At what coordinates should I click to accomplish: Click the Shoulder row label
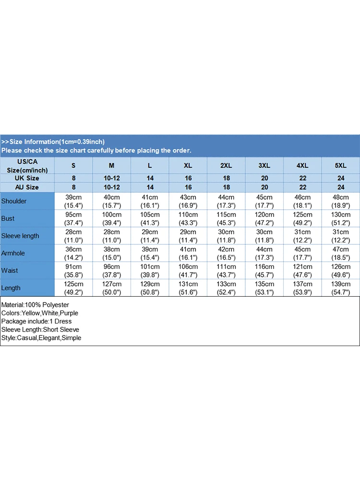[x=14, y=201]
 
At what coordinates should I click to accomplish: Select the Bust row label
[x=8, y=218]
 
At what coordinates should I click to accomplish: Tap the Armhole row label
[x=13, y=253]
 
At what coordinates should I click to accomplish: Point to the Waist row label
[x=10, y=270]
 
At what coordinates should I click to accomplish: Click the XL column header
[x=188, y=166]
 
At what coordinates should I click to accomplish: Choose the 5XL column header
[x=340, y=166]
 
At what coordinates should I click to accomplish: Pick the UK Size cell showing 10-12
[x=112, y=178]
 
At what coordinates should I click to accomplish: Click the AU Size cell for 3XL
[x=264, y=187]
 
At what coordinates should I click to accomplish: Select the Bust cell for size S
[x=73, y=218]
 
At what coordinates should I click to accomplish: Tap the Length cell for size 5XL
[x=340, y=288]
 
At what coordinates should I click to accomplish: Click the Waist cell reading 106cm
[x=188, y=270]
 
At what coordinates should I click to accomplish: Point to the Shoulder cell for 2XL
[x=226, y=201]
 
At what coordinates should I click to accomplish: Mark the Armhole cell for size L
[x=150, y=253]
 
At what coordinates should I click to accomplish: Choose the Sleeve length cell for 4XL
[x=302, y=236]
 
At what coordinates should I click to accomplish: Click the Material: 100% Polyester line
[x=35, y=305]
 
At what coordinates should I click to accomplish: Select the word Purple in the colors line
[x=67, y=313]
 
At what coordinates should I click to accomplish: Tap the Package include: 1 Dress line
[x=36, y=321]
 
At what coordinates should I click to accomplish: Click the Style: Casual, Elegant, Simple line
[x=41, y=337]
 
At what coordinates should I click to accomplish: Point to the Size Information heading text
[x=53, y=142]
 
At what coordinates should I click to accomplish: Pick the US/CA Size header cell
[x=27, y=166]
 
